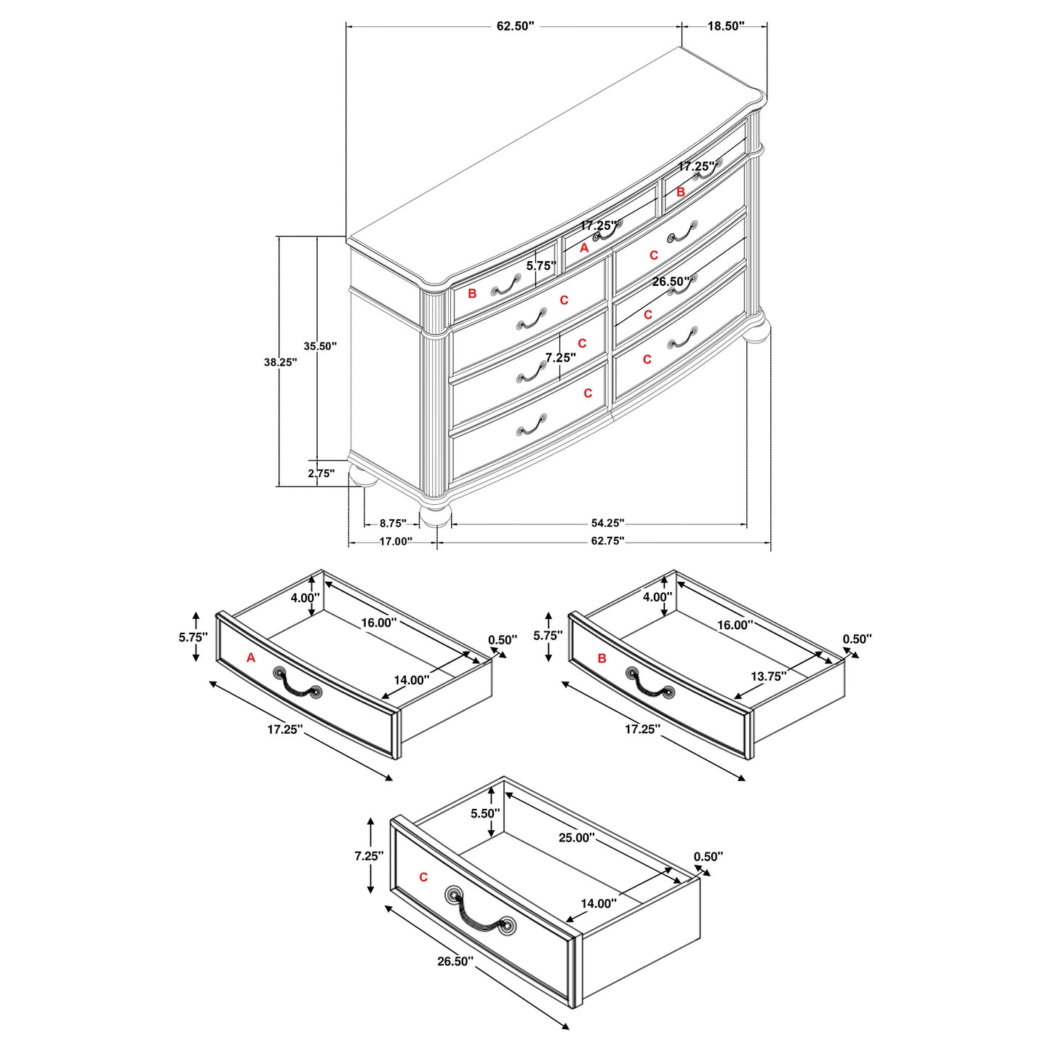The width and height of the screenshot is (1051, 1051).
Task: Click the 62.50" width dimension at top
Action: [x=515, y=26]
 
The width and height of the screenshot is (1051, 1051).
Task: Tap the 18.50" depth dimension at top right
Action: [x=725, y=26]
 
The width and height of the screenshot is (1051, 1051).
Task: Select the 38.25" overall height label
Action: [x=280, y=361]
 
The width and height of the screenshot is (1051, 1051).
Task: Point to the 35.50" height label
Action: [x=320, y=346]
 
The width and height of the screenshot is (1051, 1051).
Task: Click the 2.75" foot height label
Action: [x=321, y=473]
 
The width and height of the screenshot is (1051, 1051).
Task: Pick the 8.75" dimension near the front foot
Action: [x=393, y=523]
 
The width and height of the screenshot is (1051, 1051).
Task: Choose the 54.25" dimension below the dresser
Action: [x=607, y=523]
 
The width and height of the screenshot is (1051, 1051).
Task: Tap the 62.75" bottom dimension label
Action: [x=607, y=541]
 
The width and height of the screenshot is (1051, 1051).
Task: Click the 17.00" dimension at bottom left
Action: [x=395, y=541]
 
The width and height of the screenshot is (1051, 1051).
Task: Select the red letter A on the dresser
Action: [x=583, y=248]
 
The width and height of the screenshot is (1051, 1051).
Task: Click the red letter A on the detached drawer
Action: [x=251, y=658]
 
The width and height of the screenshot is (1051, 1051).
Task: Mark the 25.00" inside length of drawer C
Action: [x=576, y=838]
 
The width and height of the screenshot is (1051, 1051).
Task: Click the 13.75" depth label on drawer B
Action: [x=769, y=676]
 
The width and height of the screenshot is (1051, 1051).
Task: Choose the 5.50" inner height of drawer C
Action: [x=485, y=813]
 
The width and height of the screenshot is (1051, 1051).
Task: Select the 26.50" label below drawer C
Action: [x=455, y=962]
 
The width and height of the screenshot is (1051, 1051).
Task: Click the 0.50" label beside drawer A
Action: [x=503, y=640]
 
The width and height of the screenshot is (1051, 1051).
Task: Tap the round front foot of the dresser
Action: [x=436, y=514]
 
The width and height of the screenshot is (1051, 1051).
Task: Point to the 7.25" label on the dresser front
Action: [x=561, y=358]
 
